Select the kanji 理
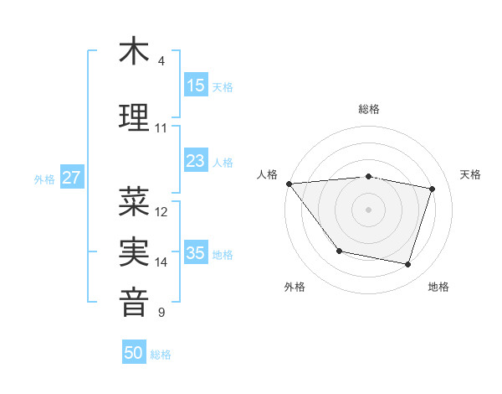[x=134, y=117]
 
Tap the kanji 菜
[x=134, y=201]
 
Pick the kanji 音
[x=134, y=302]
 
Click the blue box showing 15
[x=195, y=86]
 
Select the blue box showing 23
[x=195, y=161]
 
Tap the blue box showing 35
[x=195, y=253]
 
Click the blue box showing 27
[x=71, y=178]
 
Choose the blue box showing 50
[x=134, y=353]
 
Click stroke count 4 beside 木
[x=161, y=61]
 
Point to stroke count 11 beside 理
[x=161, y=128]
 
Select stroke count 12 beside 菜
[x=161, y=212]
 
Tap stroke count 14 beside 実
[x=161, y=262]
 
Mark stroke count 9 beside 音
[x=161, y=313]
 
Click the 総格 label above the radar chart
[x=368, y=109]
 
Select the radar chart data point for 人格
[x=289, y=184]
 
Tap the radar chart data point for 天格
[x=433, y=189]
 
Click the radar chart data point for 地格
[x=407, y=265]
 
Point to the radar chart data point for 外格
[x=339, y=251]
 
